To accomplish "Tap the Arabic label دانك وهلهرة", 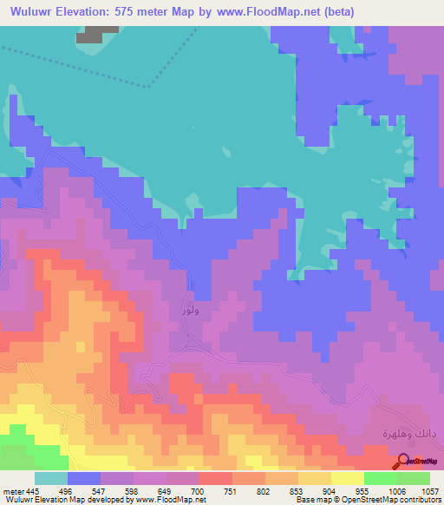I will pyautogui.click(x=407, y=431).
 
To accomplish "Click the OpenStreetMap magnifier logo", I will pyautogui.click(x=402, y=461).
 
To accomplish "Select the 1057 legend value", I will pyautogui.click(x=429, y=490).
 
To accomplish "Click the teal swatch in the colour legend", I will pyautogui.click(x=51, y=478).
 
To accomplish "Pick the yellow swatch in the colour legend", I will pyautogui.click(x=347, y=478).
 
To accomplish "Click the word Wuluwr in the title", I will pyautogui.click(x=29, y=10).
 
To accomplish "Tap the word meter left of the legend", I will pyautogui.click(x=15, y=490).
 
